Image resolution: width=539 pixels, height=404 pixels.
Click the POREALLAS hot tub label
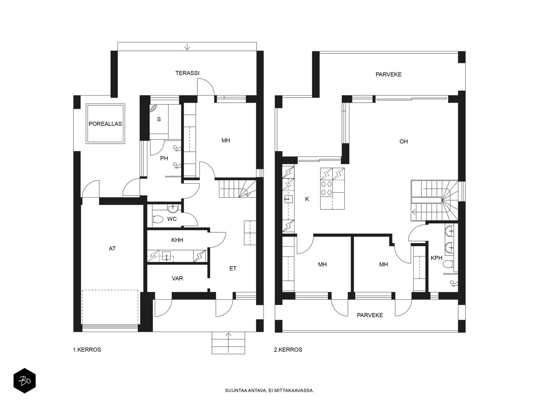[105, 124]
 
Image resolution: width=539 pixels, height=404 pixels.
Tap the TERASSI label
[187, 73]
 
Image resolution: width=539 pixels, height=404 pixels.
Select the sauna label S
[159, 119]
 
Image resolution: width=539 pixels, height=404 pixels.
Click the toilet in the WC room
[158, 219]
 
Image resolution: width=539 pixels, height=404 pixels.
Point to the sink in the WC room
[173, 208]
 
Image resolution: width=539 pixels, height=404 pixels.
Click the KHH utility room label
[177, 240]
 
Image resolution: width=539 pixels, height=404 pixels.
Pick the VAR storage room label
[177, 278]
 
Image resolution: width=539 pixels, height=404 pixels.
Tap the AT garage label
[112, 249]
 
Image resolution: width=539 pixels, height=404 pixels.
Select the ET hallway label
[233, 269]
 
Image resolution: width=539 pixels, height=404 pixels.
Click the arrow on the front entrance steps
[228, 343]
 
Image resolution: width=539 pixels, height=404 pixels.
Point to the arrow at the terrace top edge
[187, 46]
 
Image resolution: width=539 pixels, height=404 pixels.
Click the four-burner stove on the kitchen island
[326, 188]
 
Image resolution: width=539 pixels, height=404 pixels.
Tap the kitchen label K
[307, 199]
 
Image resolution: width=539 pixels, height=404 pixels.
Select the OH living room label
[404, 141]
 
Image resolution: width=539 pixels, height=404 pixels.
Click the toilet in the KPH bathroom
[448, 264]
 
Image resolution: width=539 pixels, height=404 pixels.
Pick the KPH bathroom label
[437, 258]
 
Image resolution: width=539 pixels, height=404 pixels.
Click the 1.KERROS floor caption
[87, 350]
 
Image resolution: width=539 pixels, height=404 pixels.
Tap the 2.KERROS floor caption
[288, 350]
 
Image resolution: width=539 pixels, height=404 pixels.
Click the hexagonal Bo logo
[25, 381]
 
